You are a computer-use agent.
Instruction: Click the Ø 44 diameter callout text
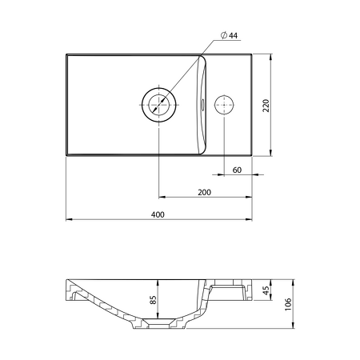point(229,35)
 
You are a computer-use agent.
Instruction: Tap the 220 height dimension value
point(266,106)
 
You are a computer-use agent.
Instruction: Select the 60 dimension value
point(237,170)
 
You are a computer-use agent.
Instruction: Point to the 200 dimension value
point(204,192)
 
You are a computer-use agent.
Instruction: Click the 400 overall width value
point(158,214)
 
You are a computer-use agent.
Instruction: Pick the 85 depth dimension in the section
point(154,299)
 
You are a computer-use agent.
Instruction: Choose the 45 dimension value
point(266,290)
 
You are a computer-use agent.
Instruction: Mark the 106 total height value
point(288,304)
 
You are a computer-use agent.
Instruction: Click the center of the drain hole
point(159,105)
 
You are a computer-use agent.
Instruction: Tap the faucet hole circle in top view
point(224,105)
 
